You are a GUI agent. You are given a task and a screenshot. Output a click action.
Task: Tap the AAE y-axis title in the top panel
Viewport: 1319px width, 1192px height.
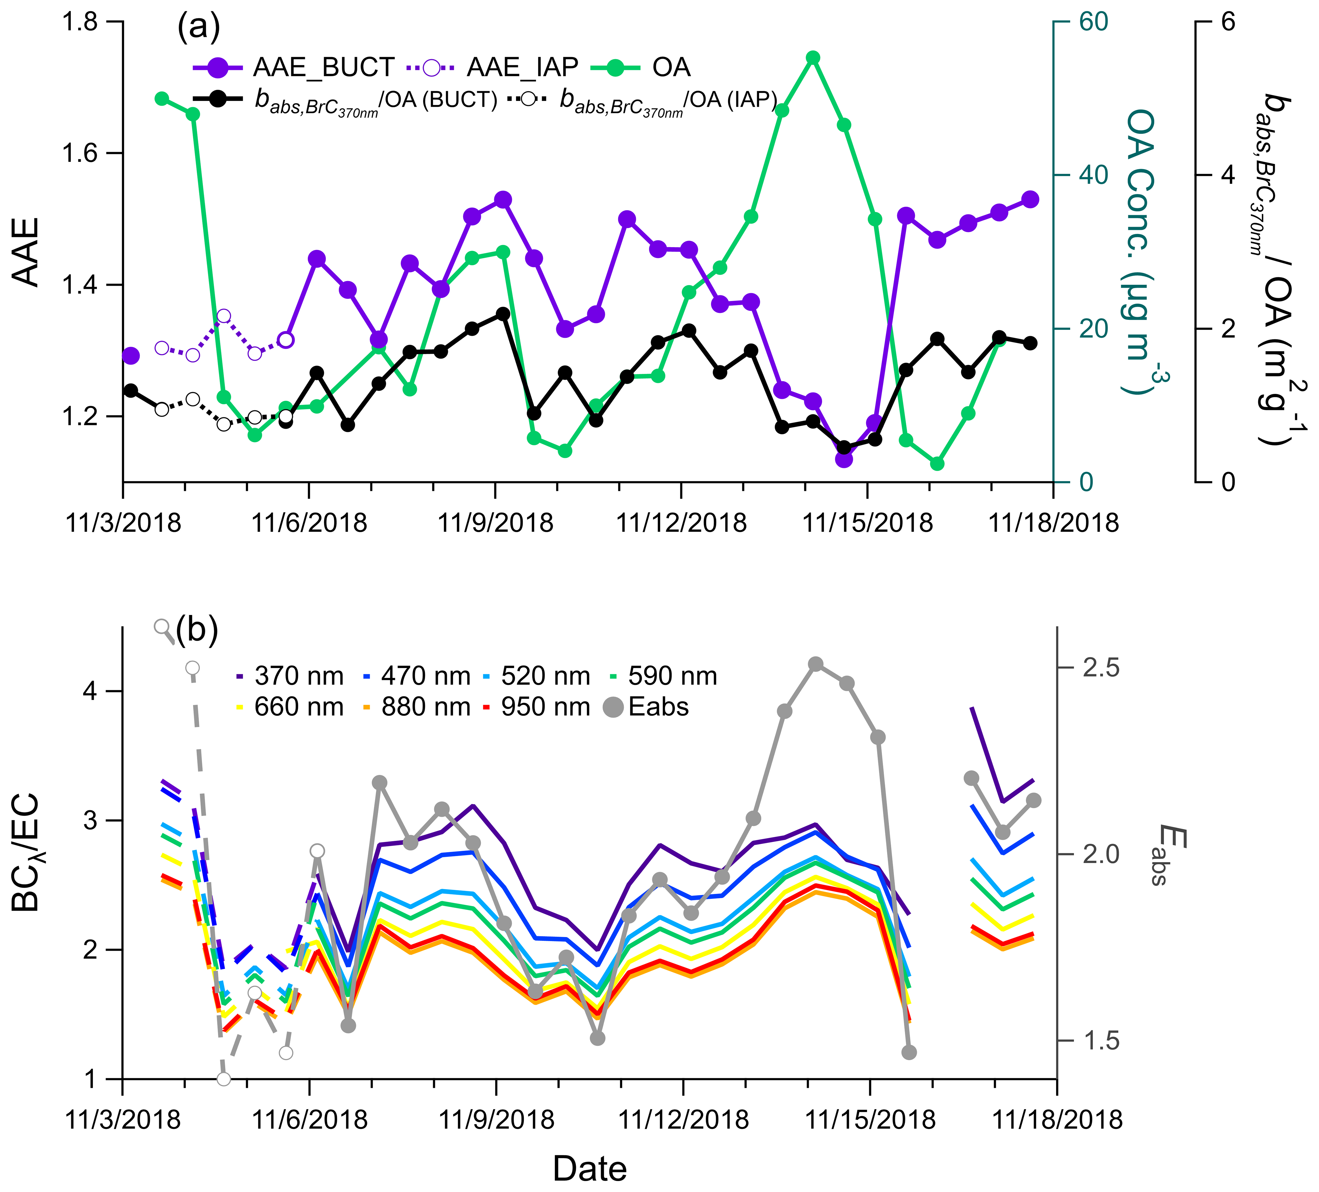26,252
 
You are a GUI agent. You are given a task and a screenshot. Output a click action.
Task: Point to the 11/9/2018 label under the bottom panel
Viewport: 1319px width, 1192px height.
496,1119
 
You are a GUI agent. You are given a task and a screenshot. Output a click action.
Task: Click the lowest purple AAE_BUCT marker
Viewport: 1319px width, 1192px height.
844,459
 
